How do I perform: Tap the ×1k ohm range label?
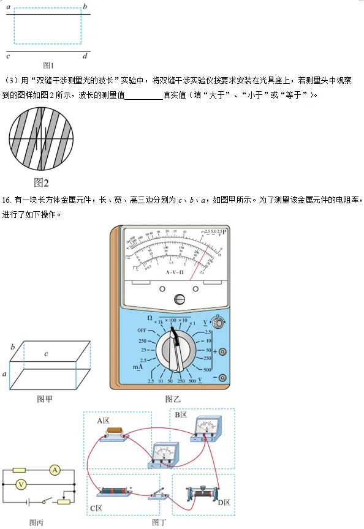159,321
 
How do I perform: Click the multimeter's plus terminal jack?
223,351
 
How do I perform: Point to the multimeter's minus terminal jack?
223,377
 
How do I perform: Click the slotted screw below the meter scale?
179,299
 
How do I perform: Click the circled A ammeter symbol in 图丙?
55,470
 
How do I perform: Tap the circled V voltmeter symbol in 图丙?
20,484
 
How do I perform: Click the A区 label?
102,421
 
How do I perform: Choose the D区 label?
223,503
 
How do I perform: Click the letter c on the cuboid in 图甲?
46,353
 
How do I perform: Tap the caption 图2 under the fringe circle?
42,182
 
